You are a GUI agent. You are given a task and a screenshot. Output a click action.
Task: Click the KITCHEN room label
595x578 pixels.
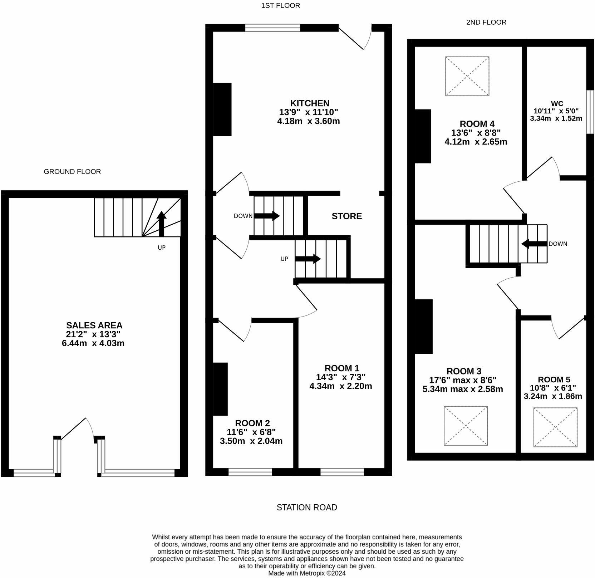310,103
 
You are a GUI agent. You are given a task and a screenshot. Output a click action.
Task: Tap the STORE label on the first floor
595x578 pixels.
346,216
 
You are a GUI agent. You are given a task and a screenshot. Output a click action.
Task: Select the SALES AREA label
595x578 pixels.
94,325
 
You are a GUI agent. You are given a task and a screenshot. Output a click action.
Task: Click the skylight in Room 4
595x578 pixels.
467,76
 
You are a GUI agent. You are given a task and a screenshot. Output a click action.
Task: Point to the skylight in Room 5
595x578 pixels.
555,427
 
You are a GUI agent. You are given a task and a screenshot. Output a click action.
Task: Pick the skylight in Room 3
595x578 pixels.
466,426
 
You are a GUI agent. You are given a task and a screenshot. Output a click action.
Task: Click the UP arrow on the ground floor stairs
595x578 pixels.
162,224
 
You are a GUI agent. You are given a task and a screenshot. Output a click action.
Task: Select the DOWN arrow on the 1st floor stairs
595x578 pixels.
267,216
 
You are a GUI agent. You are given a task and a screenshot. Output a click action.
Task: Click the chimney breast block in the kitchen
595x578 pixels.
222,109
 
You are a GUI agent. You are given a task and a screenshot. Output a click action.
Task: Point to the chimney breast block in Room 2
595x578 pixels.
220,389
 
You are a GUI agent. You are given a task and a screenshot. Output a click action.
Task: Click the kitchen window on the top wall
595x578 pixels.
272,28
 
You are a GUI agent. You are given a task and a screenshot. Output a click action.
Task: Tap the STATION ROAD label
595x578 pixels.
307,508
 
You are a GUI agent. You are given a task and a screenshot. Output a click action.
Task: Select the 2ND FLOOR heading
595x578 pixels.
486,22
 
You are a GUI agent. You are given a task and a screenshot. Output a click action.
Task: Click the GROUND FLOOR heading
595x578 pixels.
72,172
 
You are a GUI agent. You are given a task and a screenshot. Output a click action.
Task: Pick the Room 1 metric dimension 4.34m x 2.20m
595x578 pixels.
340,386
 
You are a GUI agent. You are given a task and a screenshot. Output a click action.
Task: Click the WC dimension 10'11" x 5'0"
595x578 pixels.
556,111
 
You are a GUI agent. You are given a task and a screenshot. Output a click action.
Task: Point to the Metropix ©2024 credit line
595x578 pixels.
307,573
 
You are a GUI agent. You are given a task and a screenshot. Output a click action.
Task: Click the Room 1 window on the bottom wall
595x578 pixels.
342,472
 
